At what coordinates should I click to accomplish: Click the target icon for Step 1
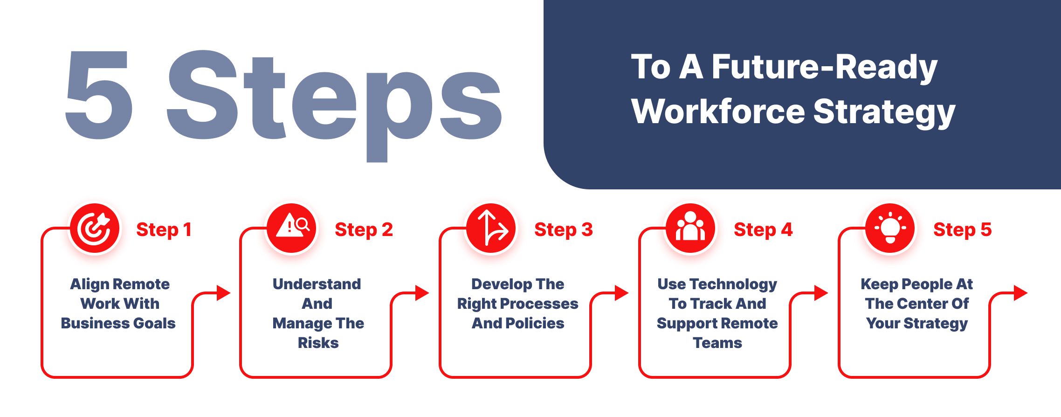[95, 229]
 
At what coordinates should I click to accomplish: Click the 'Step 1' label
[164, 230]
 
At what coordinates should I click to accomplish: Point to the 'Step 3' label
[563, 230]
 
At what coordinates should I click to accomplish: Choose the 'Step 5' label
[962, 230]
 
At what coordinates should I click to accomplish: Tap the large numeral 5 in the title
[99, 95]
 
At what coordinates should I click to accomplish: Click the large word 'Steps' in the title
[334, 105]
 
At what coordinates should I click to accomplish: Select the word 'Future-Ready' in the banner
[824, 68]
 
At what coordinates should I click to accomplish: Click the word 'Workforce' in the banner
[718, 111]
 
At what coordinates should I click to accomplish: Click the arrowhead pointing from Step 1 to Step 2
[224, 293]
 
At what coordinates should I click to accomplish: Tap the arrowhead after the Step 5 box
[1021, 293]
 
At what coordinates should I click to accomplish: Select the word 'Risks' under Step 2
[318, 343]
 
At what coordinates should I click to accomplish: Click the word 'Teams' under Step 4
[717, 343]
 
